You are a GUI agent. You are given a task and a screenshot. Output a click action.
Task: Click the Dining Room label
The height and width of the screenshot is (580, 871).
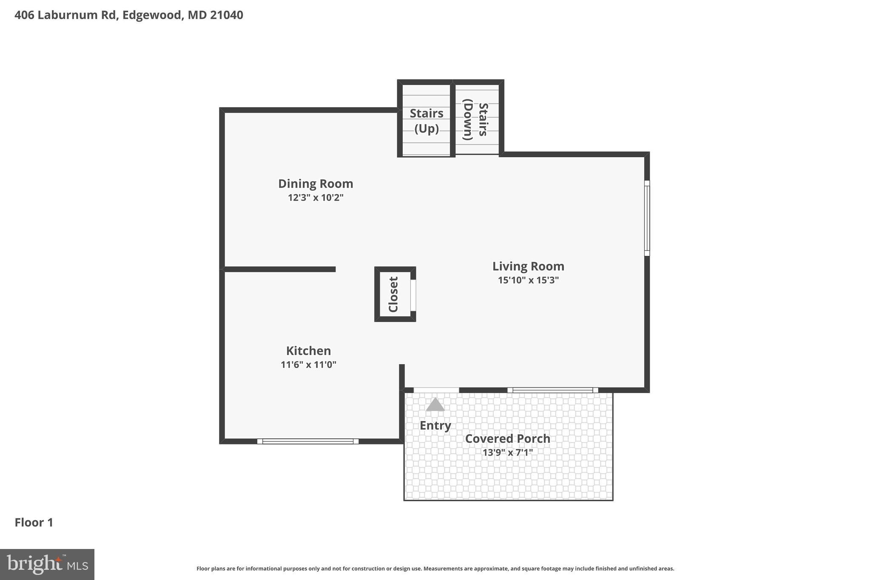316,184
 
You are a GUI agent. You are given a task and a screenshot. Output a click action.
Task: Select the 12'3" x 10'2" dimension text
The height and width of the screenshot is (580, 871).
316,198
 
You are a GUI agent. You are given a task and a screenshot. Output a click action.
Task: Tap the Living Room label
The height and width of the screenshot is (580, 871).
528,266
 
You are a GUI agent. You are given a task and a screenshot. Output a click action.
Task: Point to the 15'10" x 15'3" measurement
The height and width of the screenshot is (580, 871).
528,280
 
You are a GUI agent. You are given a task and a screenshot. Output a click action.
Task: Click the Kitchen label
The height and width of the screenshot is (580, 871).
308,351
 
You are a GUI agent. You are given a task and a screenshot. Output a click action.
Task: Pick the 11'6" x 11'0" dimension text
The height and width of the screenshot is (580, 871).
308,365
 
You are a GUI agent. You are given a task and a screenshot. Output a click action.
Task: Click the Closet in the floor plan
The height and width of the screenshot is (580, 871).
393,294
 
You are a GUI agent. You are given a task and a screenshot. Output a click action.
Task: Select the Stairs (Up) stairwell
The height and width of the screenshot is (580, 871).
426,121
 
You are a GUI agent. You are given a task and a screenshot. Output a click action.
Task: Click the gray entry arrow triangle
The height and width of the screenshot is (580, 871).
435,405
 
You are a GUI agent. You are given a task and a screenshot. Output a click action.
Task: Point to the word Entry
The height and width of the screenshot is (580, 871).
435,425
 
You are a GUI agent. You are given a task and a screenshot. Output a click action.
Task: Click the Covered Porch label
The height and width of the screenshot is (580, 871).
507,439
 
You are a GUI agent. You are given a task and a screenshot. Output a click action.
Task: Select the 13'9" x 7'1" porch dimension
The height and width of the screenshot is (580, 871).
507,453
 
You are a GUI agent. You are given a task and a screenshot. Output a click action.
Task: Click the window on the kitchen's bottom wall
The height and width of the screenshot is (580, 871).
308,441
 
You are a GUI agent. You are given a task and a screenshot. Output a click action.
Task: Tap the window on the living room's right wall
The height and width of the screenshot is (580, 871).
647,218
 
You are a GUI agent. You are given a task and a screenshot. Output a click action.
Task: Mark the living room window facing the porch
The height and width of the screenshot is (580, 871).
552,390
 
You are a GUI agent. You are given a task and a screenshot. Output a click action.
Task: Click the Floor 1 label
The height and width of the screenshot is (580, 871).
34,523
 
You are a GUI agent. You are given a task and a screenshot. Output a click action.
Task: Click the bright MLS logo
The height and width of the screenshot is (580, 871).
47,564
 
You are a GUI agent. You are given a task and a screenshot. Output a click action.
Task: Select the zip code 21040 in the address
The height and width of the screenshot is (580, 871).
226,15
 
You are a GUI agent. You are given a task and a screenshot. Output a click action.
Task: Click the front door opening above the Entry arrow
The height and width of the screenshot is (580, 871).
436,390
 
